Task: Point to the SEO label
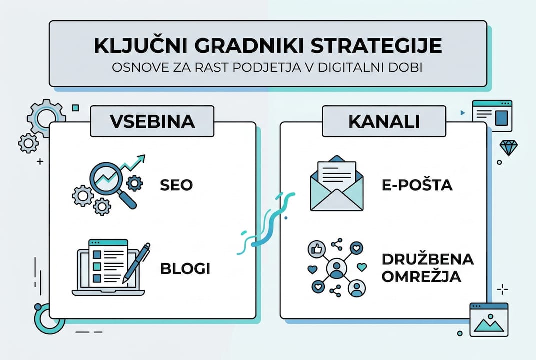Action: coord(176,185)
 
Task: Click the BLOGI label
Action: coord(185,268)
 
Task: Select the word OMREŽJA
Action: coord(421,276)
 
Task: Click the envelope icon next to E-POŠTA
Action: coord(336,186)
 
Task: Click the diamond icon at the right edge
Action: coord(509,147)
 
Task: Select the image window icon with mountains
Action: coord(489,319)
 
